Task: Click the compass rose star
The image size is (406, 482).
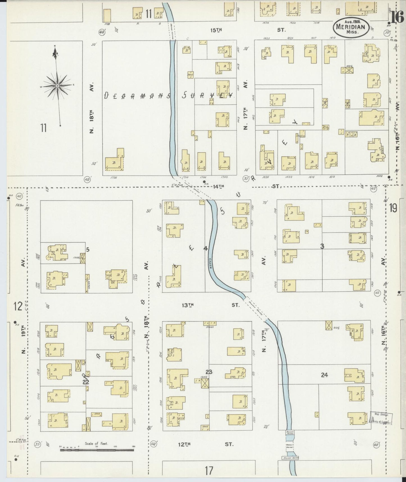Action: tap(57, 85)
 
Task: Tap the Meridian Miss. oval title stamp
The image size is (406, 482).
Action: tap(351, 27)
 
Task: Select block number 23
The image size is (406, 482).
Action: tap(208, 372)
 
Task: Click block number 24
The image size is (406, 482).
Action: tap(324, 375)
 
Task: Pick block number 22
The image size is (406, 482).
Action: tap(86, 382)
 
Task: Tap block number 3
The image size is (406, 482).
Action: tap(322, 246)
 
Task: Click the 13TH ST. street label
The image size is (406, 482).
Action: tap(209, 305)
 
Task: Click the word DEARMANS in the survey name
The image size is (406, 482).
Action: tap(137, 96)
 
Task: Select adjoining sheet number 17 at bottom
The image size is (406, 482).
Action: tap(208, 470)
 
